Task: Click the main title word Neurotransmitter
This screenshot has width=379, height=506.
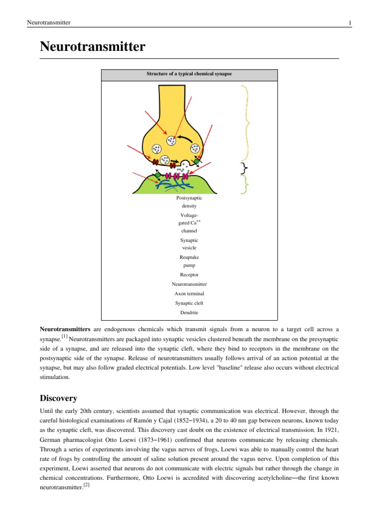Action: tap(92, 47)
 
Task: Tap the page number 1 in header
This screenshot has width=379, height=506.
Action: tap(349, 23)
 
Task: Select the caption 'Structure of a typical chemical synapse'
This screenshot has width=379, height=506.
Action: tap(189, 74)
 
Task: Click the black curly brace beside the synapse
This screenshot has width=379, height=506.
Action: tap(244, 168)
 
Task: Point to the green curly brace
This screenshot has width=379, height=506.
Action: tap(244, 184)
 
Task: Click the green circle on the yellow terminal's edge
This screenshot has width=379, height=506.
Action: tap(196, 161)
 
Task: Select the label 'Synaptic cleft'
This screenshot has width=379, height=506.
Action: tap(189, 303)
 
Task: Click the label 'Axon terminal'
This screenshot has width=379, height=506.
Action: tap(189, 294)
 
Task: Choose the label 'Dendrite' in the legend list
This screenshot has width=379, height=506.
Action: tap(189, 312)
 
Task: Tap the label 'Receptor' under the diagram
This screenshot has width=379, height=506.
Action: tap(189, 275)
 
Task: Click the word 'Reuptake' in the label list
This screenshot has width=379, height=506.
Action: tap(189, 257)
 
